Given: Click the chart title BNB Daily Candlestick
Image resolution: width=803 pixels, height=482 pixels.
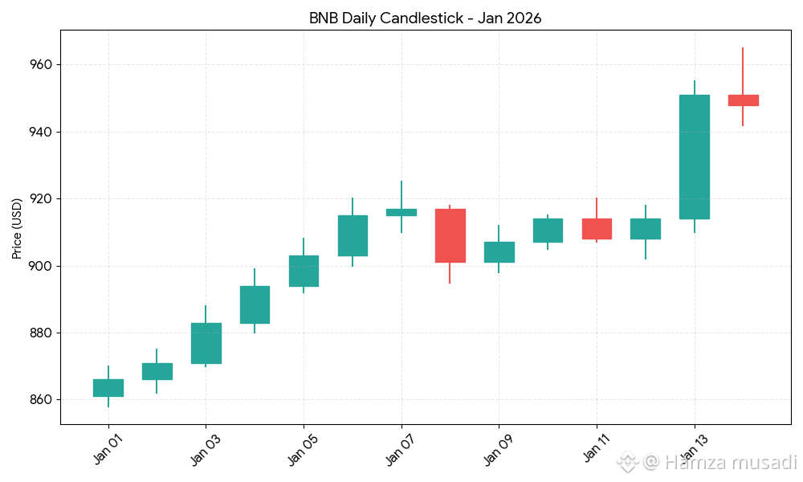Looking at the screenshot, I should (x=425, y=18).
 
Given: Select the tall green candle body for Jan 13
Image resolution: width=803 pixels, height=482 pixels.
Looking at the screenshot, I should (x=694, y=157).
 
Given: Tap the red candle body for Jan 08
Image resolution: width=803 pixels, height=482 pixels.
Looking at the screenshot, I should (x=450, y=235).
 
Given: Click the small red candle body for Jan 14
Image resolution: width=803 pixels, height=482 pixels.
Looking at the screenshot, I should (x=743, y=100).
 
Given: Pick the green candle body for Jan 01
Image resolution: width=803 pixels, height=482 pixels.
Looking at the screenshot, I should (x=108, y=388).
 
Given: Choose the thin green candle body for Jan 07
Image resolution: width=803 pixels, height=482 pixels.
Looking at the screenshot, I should (x=401, y=212).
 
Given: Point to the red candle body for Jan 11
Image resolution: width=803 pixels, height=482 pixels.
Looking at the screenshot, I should (x=597, y=229).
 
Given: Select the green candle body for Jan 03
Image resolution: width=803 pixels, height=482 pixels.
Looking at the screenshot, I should (x=206, y=343).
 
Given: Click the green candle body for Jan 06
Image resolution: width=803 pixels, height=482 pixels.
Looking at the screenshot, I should (x=352, y=235).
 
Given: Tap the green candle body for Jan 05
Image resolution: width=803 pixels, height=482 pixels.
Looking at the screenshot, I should (x=304, y=271).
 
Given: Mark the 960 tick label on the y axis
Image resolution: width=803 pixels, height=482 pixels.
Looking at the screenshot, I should (x=41, y=64).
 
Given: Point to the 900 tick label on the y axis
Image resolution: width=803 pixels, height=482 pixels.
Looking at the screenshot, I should (x=41, y=266).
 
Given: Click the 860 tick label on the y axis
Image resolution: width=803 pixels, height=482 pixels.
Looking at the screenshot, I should (x=41, y=400).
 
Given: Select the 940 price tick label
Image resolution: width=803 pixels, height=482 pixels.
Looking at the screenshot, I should (x=41, y=132).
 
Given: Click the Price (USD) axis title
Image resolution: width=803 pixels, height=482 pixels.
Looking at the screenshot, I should (x=17, y=229).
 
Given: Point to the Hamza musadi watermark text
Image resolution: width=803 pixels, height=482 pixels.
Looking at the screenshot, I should (x=719, y=463).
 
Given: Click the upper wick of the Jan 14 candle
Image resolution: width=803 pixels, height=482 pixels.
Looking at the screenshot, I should (x=743, y=71).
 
